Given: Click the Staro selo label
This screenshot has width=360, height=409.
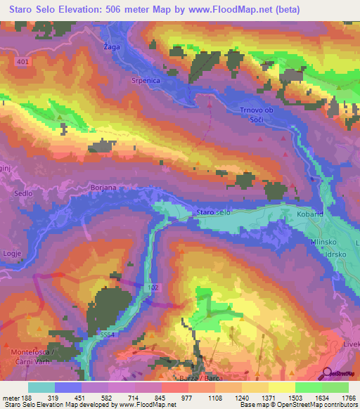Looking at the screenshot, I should coord(214,212).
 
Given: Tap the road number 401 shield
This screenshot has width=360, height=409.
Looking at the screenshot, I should coord(22,62).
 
